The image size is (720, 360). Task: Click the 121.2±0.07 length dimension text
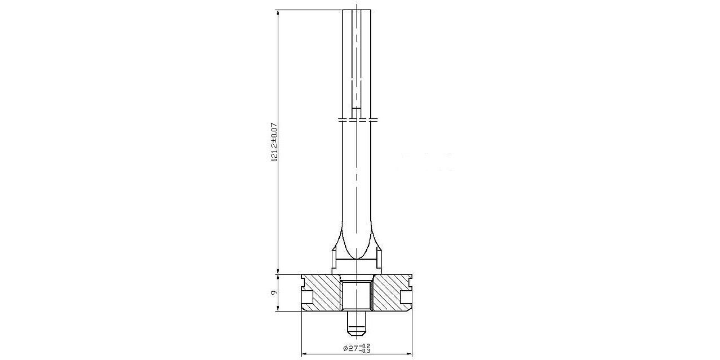tap(274, 142)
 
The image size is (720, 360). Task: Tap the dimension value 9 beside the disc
tap(274, 292)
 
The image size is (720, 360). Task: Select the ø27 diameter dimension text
tap(352, 348)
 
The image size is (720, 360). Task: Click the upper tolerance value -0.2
tap(366, 346)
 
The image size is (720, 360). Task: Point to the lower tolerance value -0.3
tap(366, 350)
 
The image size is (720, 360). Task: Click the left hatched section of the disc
tap(322, 292)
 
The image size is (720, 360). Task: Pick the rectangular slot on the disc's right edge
tap(406, 297)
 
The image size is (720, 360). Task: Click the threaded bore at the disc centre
tap(357, 295)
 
